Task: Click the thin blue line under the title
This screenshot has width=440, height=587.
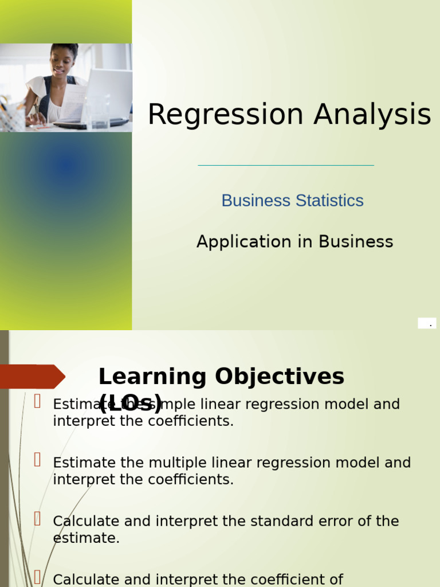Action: [286, 165]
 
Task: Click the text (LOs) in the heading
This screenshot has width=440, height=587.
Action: [131, 404]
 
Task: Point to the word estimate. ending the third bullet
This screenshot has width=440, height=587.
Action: [86, 538]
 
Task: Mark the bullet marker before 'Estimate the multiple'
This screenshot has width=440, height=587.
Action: [37, 460]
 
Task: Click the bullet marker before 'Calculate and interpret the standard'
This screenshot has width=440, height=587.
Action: [37, 519]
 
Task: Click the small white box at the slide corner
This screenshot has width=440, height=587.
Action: [427, 323]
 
